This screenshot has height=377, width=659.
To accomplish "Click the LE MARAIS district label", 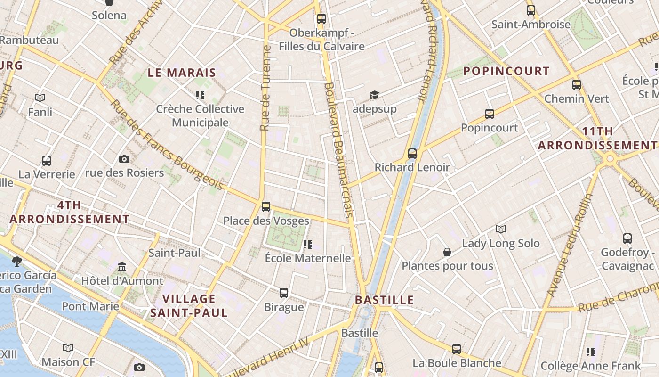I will pyautogui.click(x=182, y=73).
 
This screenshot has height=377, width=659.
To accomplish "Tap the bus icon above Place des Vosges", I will pyautogui.click(x=266, y=206).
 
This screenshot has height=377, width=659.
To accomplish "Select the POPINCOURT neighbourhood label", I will pyautogui.click(x=506, y=71).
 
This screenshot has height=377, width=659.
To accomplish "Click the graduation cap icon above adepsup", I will pyautogui.click(x=374, y=95).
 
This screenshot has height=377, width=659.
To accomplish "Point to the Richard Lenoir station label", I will pyautogui.click(x=412, y=167).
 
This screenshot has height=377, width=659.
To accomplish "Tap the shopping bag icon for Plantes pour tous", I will pyautogui.click(x=447, y=253).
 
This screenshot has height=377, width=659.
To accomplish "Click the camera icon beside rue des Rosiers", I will pyautogui.click(x=124, y=159).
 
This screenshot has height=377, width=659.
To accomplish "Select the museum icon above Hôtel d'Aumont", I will pyautogui.click(x=122, y=267).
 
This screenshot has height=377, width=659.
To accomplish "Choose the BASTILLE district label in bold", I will pyautogui.click(x=384, y=300).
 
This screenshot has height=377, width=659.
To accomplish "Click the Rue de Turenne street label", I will pyautogui.click(x=265, y=88).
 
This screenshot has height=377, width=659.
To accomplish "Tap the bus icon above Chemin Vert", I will pyautogui.click(x=577, y=85).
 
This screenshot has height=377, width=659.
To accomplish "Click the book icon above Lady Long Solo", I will pyautogui.click(x=501, y=229).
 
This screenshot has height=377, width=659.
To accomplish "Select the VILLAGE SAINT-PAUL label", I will pyautogui.click(x=189, y=305).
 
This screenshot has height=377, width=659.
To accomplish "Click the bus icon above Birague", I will pyautogui.click(x=284, y=293).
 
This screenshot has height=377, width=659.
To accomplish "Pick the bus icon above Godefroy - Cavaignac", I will pyautogui.click(x=627, y=238).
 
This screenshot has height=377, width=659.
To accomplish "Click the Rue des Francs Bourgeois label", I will pyautogui.click(x=167, y=146).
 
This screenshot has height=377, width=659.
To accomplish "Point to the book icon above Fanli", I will pyautogui.click(x=40, y=98).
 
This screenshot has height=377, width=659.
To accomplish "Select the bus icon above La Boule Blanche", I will pyautogui.click(x=457, y=349).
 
